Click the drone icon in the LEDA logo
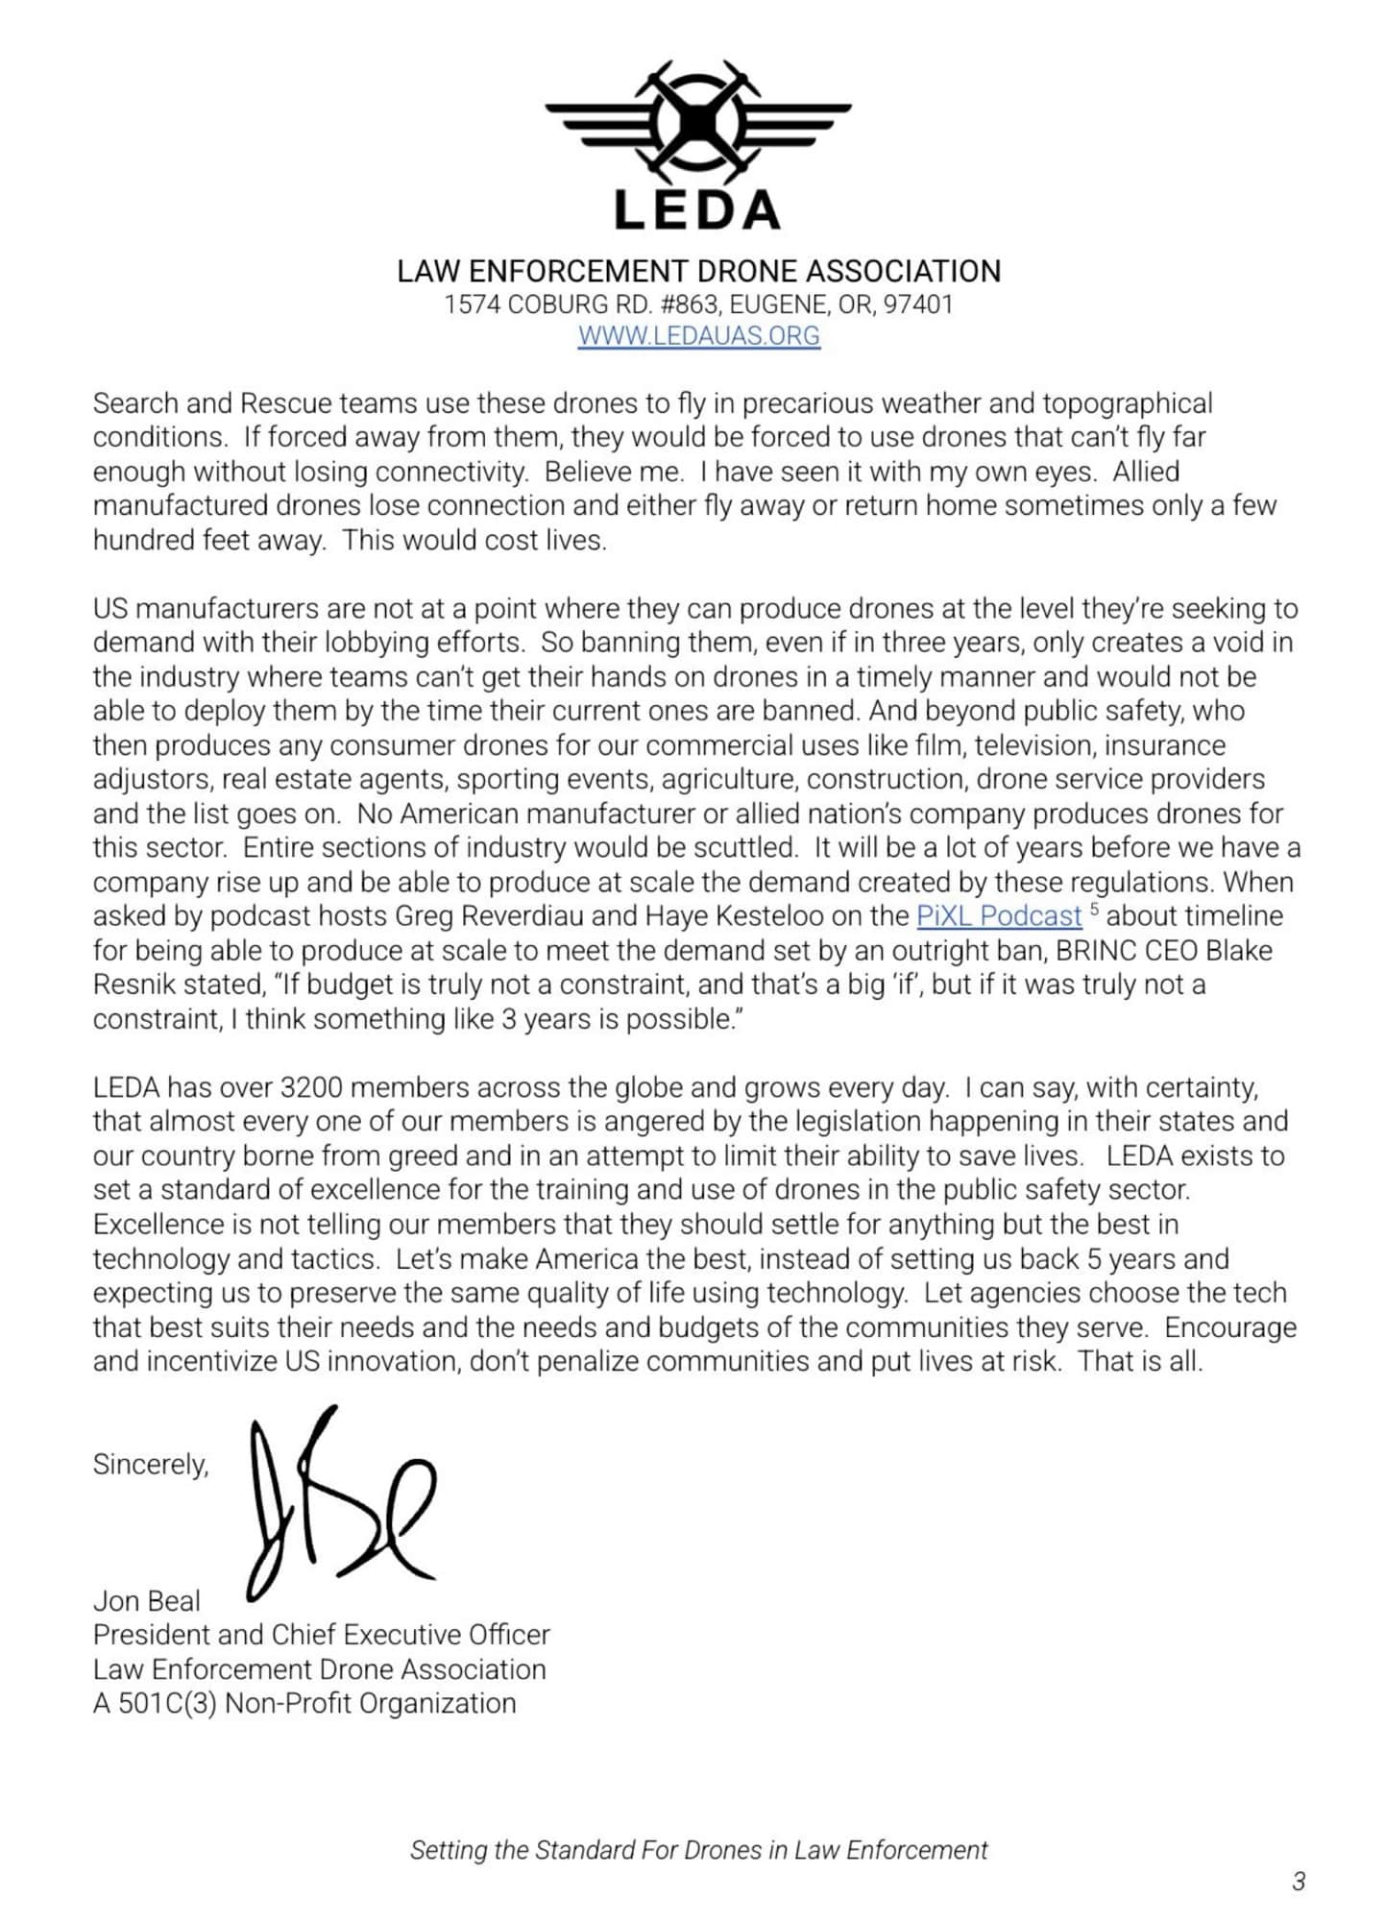click(698, 121)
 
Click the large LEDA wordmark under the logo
click(698, 210)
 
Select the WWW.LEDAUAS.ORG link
click(698, 336)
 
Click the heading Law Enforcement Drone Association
click(698, 271)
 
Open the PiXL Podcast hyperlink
click(999, 916)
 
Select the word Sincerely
click(150, 1464)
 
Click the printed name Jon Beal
click(146, 1601)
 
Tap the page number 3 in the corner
click(1299, 1881)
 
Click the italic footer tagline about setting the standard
click(698, 1850)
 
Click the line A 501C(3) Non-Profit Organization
click(304, 1703)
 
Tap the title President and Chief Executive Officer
click(321, 1635)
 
